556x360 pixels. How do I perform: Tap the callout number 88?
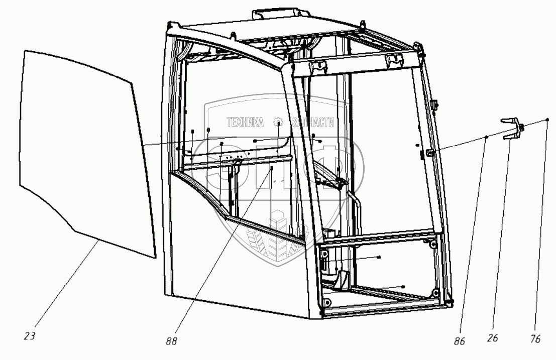pyautogui.click(x=171, y=341)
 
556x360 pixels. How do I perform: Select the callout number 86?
pyautogui.click(x=459, y=341)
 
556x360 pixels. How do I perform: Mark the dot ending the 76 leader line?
pyautogui.click(x=547, y=120)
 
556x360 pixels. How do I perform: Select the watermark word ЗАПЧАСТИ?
pyautogui.click(x=312, y=122)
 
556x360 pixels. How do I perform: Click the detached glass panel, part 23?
pyautogui.click(x=80, y=151)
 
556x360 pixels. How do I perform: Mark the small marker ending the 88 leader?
pyautogui.click(x=272, y=169)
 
